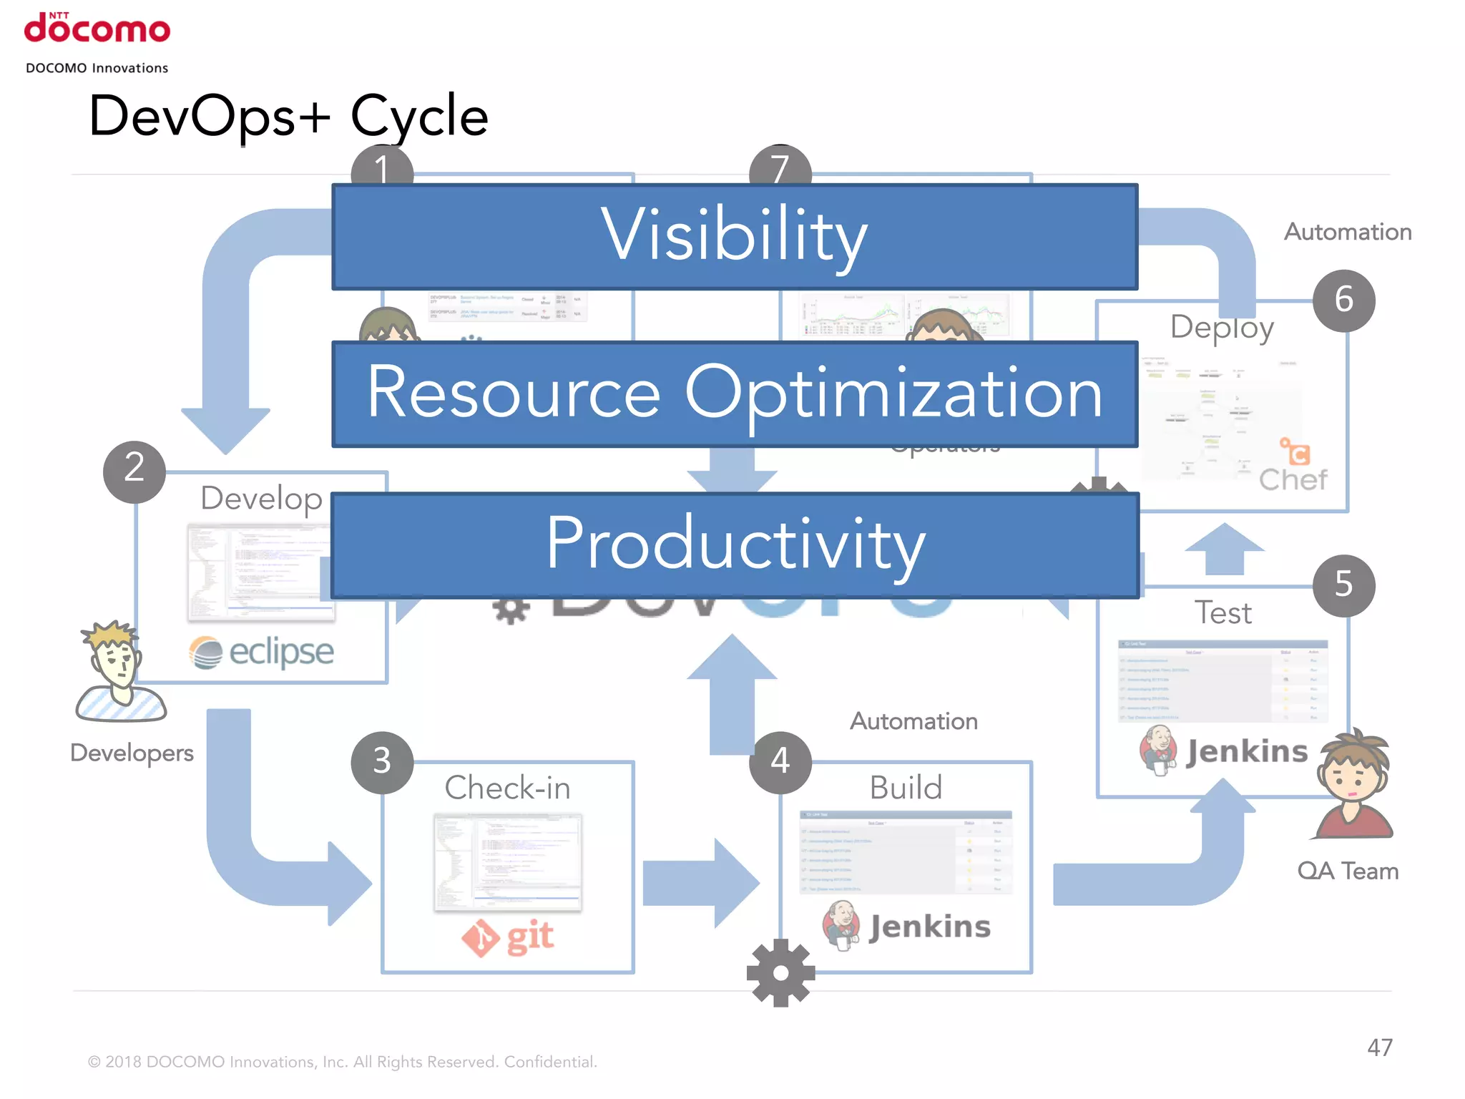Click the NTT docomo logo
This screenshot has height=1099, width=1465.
(97, 29)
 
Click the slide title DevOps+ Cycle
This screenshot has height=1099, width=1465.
(288, 116)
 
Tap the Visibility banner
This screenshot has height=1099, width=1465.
(735, 237)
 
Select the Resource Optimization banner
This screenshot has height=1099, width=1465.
(735, 394)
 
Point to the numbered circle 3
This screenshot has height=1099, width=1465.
(382, 762)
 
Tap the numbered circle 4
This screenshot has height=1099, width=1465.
(780, 762)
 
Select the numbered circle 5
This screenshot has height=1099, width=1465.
(1343, 585)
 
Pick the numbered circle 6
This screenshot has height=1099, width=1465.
(1343, 301)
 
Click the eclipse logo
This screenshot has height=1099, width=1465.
(262, 652)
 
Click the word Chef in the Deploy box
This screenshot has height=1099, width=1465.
(1293, 479)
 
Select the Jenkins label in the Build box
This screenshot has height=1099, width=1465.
(929, 927)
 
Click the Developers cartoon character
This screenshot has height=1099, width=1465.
(120, 673)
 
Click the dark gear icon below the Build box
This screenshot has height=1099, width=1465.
(780, 973)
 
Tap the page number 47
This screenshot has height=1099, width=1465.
(1379, 1047)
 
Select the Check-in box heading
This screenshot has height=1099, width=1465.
(507, 788)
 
